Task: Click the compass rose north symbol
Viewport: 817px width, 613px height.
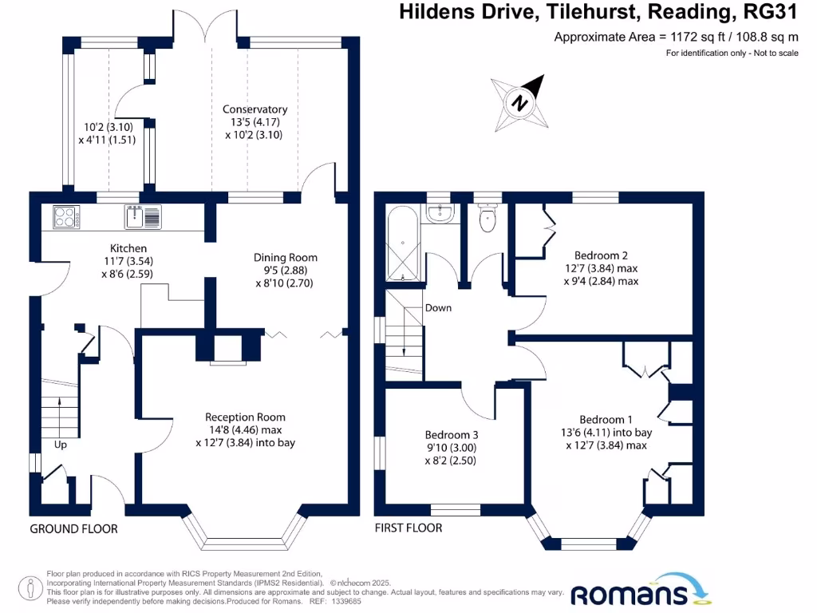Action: point(519,102)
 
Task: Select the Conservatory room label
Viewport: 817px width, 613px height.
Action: point(255,109)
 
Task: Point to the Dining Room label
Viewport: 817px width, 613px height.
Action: point(286,257)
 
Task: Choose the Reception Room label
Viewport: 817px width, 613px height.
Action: point(245,417)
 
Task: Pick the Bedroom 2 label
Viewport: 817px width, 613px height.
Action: point(602,255)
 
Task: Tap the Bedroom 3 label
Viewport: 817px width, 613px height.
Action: point(452,435)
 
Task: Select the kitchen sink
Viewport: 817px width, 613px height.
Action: point(144,216)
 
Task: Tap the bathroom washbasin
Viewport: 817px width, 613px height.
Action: point(439,212)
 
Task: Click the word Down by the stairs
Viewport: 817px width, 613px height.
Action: point(439,307)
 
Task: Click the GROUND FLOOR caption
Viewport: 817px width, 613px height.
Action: point(73,528)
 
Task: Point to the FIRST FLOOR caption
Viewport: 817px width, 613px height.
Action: point(408,528)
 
